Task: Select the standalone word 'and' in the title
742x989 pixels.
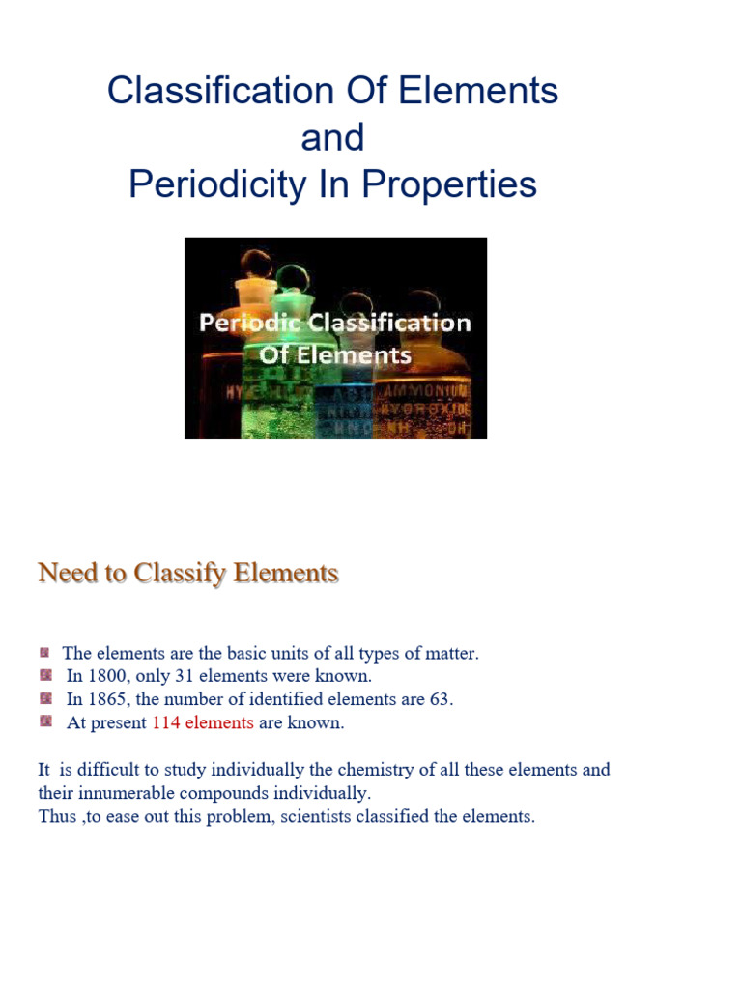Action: (332, 138)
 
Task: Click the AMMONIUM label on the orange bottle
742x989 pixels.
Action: (433, 391)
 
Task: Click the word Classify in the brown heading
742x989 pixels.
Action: (178, 574)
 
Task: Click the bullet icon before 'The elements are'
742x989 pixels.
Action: (44, 653)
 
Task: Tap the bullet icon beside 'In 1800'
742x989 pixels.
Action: (46, 675)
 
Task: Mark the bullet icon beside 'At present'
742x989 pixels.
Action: (46, 721)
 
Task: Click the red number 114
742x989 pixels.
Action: (166, 722)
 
